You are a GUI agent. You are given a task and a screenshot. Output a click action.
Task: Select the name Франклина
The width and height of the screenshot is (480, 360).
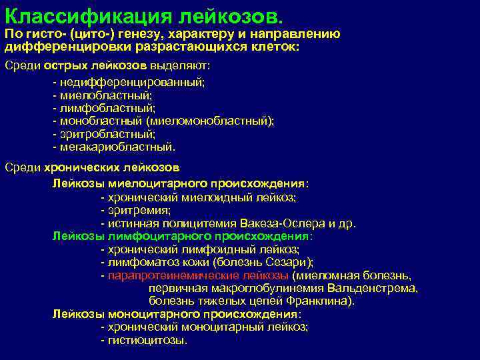point(321,301)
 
